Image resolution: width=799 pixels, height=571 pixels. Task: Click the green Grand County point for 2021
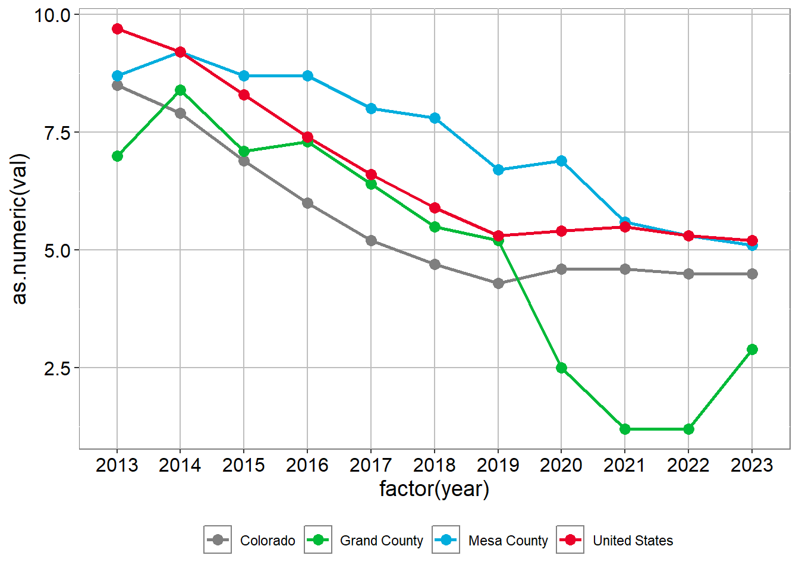pos(625,429)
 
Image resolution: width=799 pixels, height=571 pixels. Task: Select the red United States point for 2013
pos(117,29)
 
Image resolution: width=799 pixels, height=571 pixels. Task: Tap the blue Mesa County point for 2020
pos(561,161)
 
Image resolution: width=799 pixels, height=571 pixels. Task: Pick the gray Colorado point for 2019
pos(498,283)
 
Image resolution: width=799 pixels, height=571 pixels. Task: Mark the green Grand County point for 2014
pos(180,90)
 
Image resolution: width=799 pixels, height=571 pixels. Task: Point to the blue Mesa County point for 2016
pos(307,76)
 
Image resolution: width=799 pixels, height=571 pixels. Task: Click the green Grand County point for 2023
pos(752,349)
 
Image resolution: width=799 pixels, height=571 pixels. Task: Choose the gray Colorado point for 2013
pos(117,85)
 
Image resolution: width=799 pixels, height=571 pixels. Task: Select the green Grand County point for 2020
pos(561,368)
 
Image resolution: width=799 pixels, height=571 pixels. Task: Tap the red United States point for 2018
pos(435,208)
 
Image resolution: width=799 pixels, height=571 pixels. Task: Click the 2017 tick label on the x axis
pos(371,465)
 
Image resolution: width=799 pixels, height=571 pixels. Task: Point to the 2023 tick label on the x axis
pos(752,465)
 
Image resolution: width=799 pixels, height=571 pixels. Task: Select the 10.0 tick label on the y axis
pos(52,15)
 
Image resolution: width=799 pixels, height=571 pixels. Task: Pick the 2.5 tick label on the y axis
pos(57,368)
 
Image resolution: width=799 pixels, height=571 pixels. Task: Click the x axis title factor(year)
pos(435,489)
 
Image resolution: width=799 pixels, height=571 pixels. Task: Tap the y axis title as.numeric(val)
pos(20,229)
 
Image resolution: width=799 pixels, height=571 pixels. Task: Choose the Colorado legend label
pos(268,541)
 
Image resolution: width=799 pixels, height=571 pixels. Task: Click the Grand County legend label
pos(381,541)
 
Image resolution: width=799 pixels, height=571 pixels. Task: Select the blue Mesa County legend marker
pos(446,539)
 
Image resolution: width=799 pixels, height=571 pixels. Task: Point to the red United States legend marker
pos(570,539)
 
